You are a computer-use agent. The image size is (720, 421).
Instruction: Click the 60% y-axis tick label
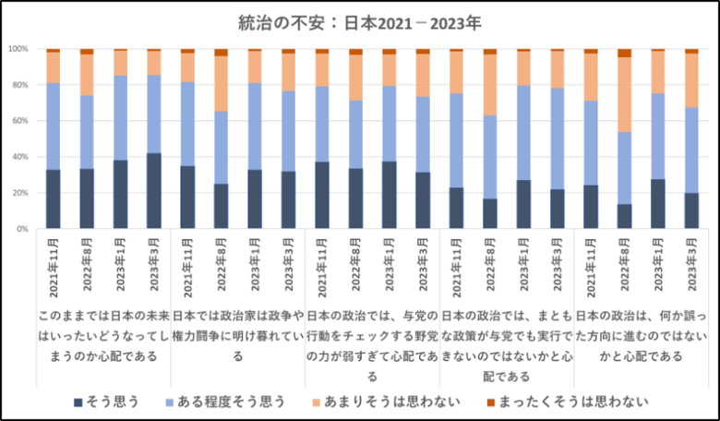(x=20, y=121)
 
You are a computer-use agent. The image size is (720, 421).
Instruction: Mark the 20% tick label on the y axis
(x=20, y=193)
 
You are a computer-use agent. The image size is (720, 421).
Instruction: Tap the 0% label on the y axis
(x=23, y=229)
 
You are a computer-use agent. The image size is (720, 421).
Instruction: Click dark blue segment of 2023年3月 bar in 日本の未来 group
(x=153, y=191)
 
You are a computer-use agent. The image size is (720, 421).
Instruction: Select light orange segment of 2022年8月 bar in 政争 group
(x=221, y=83)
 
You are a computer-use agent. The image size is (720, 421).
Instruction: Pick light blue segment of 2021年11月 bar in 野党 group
(x=321, y=124)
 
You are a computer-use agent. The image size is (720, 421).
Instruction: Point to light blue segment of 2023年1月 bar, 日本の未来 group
(x=120, y=117)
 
